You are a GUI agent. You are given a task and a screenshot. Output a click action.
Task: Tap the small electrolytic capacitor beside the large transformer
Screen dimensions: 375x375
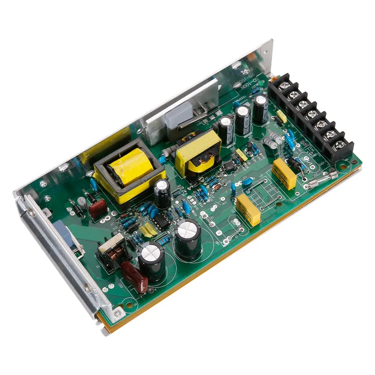[x=162, y=192]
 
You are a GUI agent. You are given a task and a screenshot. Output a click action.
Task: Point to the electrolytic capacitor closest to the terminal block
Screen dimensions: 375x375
[x=260, y=108]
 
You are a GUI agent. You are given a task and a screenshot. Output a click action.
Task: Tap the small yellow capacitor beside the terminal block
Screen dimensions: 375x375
[x=281, y=117]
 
